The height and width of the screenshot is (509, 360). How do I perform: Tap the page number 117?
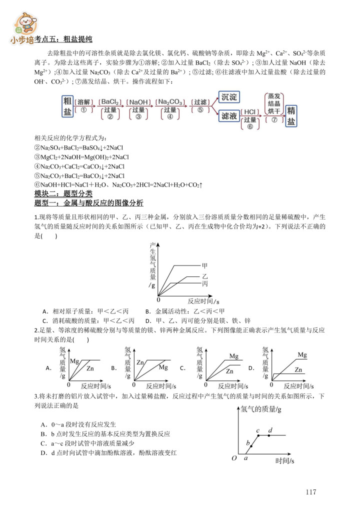click(x=311, y=492)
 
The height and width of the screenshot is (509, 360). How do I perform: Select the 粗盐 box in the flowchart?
click(x=67, y=106)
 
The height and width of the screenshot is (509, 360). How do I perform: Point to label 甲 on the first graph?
click(x=204, y=265)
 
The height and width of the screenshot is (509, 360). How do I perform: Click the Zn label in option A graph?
click(x=90, y=368)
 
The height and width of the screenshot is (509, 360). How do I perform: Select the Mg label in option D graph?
click(x=302, y=355)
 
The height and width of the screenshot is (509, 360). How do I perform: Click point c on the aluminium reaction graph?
click(x=258, y=430)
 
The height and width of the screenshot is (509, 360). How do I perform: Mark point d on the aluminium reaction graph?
click(x=270, y=430)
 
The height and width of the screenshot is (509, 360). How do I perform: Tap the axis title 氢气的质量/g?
click(x=261, y=409)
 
